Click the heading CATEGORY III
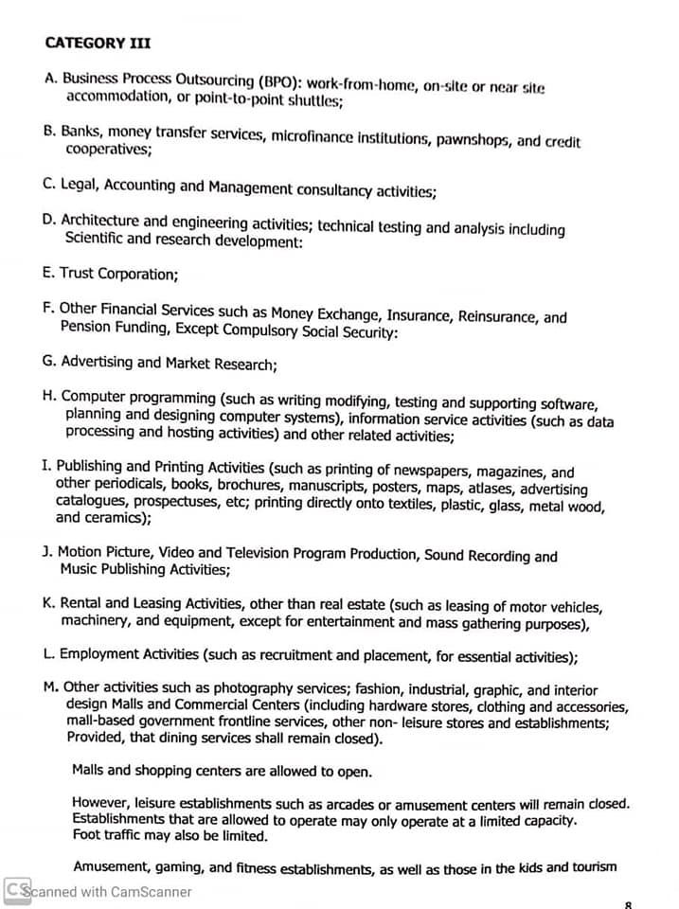98,42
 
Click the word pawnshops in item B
474,140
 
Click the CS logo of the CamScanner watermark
16,891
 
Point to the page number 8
629,903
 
